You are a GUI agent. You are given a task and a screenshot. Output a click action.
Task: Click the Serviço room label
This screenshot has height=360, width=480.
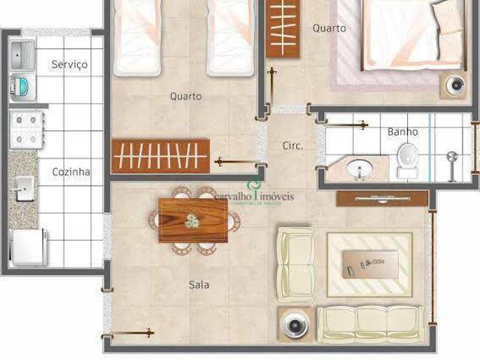pos(69,64)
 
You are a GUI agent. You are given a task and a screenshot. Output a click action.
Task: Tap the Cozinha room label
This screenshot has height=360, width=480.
pos(71,172)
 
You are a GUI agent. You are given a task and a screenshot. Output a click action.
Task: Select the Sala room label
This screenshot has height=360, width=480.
pos(199,285)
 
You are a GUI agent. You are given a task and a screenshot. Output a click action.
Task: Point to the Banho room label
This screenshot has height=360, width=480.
pos(403,132)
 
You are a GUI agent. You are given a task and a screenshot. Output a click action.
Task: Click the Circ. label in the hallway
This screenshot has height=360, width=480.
pos(292,145)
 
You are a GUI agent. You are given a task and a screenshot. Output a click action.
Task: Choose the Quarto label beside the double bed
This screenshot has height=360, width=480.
pos(329,28)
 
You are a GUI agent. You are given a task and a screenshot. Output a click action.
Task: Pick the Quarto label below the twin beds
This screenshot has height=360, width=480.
pos(185,97)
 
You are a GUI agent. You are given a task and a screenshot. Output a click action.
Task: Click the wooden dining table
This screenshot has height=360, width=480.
pos(193,220)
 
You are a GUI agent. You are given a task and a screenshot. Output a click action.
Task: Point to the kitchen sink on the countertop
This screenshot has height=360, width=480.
pos(23,188)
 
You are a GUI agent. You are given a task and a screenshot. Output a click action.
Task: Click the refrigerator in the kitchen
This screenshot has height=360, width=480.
pos(29,247)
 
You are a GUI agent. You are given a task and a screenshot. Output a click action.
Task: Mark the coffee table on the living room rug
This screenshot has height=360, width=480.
pos(370,262)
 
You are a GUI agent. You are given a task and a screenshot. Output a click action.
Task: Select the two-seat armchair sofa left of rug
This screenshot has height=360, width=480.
pos(295,264)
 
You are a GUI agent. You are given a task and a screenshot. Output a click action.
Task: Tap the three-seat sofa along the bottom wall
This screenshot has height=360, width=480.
pos(370,324)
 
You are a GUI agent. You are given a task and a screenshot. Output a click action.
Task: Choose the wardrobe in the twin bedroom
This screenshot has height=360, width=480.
pos(160,156)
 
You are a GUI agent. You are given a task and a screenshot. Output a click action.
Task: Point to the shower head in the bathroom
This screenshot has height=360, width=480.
pos(451,159)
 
